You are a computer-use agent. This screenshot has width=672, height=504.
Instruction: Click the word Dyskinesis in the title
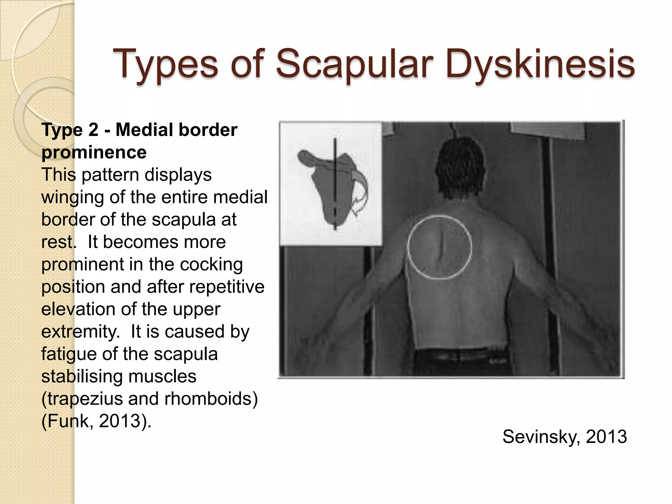[x=540, y=64]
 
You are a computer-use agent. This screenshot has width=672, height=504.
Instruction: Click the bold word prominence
[x=94, y=153]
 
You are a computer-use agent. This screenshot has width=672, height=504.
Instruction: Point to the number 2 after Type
[x=93, y=130]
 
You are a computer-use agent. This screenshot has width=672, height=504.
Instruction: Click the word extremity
[x=80, y=331]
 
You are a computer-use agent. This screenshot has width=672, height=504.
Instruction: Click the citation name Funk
[x=68, y=421]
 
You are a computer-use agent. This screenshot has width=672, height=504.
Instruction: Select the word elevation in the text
[x=78, y=309]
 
